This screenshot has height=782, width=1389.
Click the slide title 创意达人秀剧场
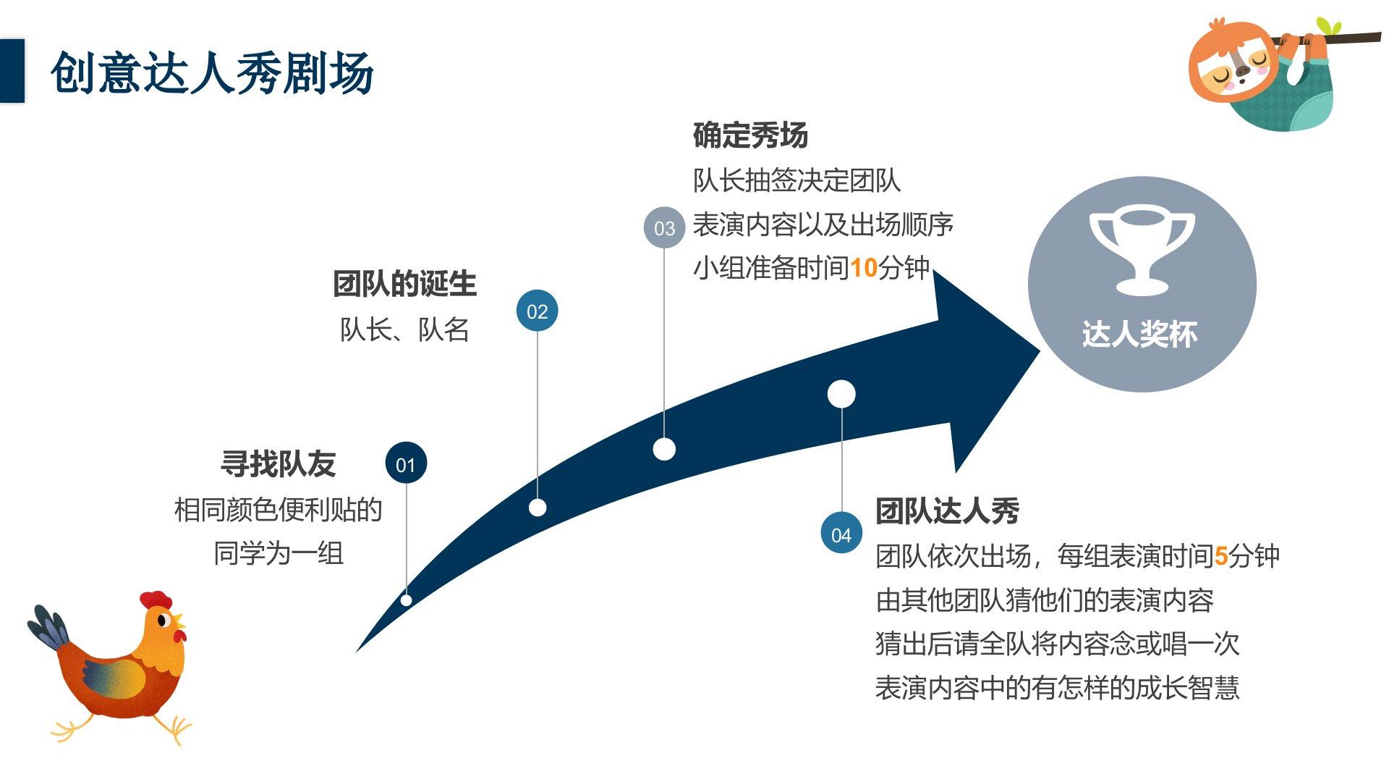pos(212,73)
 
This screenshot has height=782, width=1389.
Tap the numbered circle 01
pos(406,464)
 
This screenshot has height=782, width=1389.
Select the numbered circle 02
pos(537,311)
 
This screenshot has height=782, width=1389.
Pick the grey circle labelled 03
pos(664,228)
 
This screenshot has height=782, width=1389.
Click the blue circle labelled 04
pos(841,534)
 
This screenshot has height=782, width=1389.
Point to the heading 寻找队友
pos(279,464)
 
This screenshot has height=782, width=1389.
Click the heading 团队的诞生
pos(404,284)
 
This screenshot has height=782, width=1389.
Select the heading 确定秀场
pos(750,135)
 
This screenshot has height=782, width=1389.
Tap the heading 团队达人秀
pos(947,511)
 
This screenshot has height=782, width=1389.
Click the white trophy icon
pos(1142,250)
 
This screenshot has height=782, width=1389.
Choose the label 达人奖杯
pos(1140,335)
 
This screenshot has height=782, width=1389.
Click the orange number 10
pos(863,269)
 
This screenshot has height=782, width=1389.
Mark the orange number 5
pos(1221,557)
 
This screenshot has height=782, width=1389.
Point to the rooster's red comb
pos(156,600)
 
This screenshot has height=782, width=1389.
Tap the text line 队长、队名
pos(404,330)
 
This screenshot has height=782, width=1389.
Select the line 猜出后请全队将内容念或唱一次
pos(1057,644)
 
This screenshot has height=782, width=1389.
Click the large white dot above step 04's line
pos(841,395)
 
